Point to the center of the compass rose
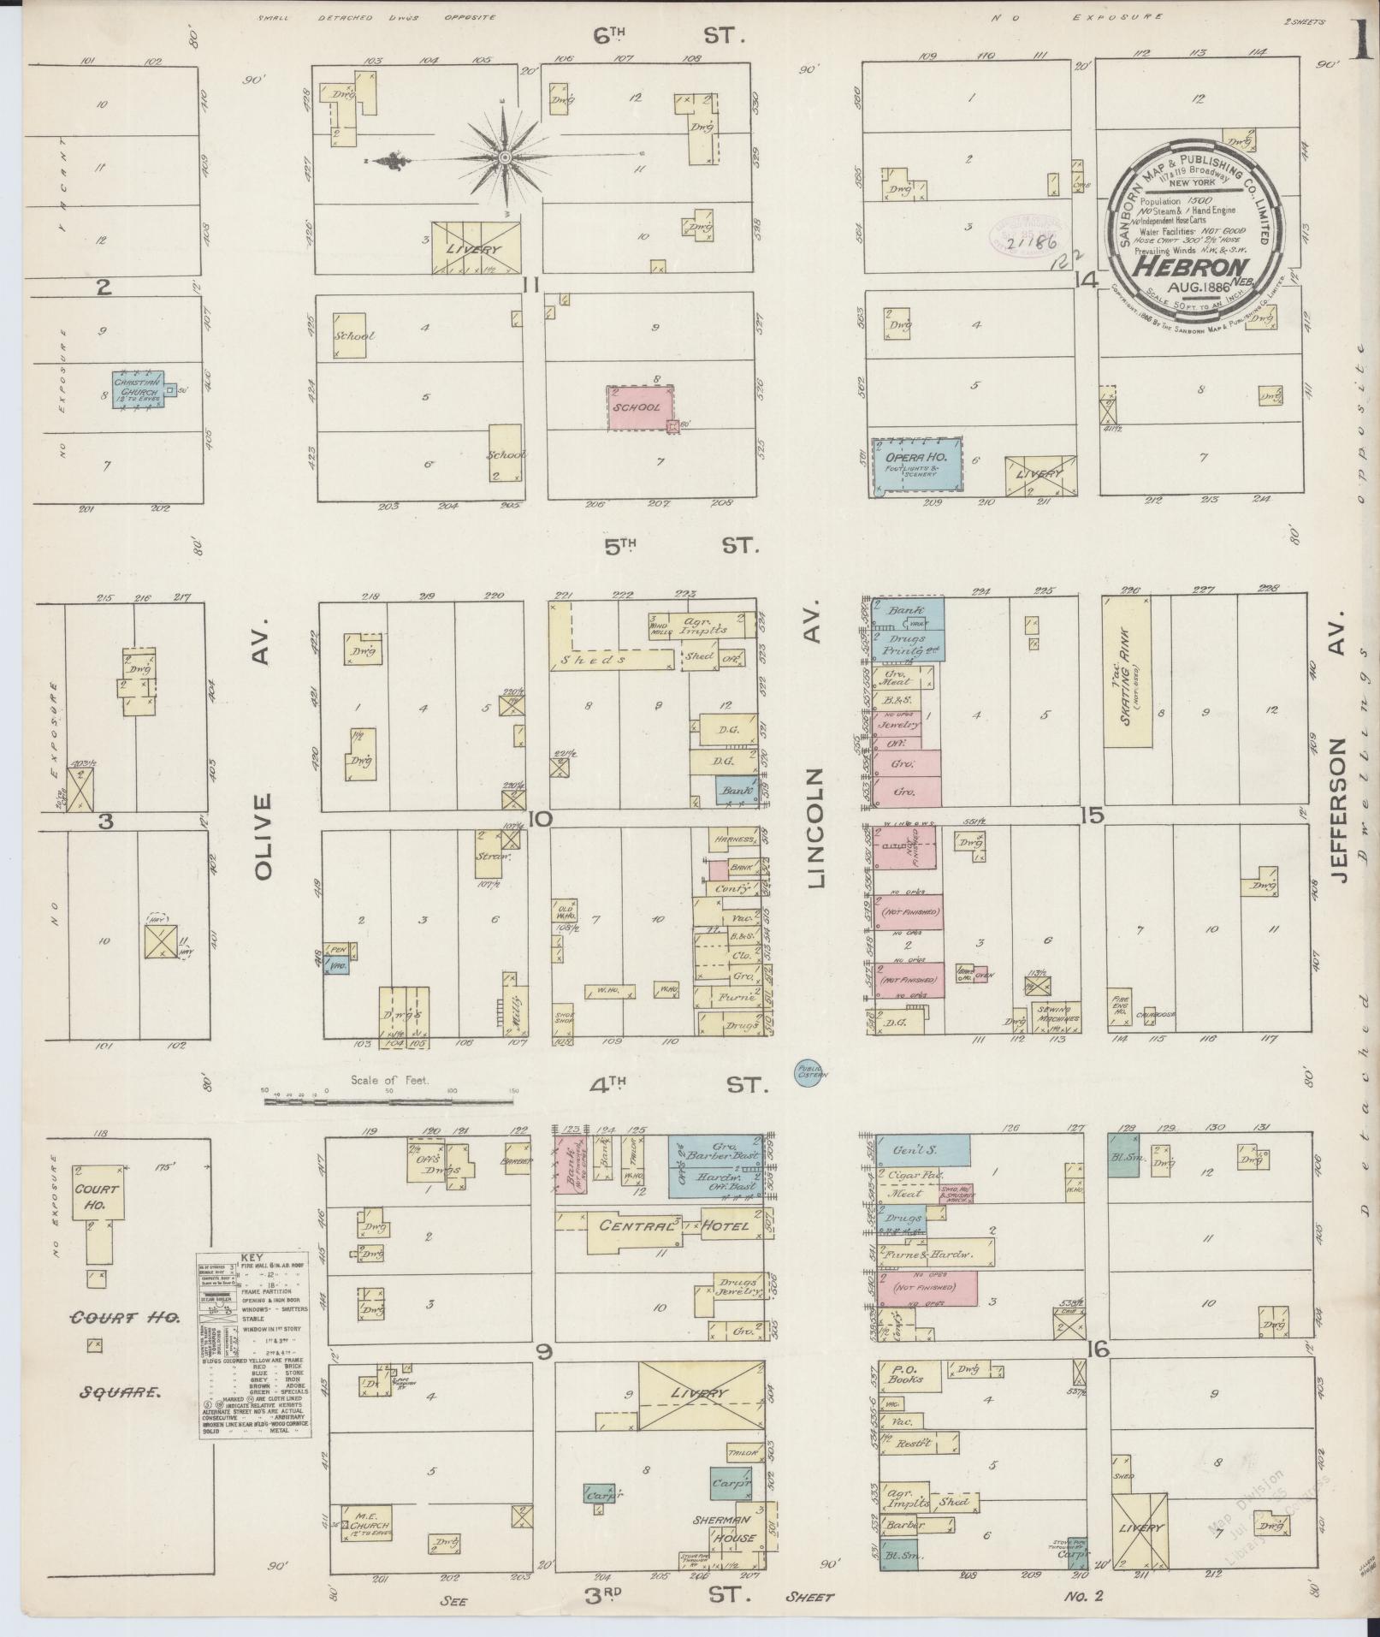(x=505, y=157)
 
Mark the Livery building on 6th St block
(x=477, y=248)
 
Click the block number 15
(x=1091, y=816)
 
